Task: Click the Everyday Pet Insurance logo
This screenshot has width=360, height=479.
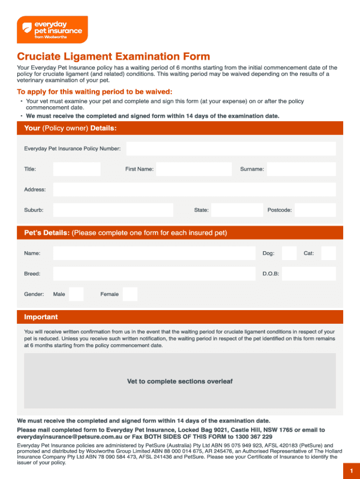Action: [x=52, y=29]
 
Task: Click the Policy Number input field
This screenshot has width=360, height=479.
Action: [x=231, y=149]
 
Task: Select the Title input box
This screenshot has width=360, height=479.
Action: [x=77, y=169]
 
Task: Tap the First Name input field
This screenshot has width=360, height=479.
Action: [x=194, y=169]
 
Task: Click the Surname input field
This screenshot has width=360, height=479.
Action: [x=301, y=169]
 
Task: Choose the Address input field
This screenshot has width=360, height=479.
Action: [x=194, y=190]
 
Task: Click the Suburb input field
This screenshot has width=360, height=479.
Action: [x=113, y=210]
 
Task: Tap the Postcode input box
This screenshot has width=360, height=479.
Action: [x=315, y=210]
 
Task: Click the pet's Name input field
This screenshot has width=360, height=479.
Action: [x=154, y=253]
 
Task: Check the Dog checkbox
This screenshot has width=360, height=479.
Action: [x=289, y=253]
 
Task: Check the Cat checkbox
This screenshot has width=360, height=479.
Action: [x=328, y=253]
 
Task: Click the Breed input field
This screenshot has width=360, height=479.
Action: [x=154, y=274]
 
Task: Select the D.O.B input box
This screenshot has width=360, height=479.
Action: [x=309, y=274]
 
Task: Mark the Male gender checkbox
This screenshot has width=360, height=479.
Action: [x=76, y=294]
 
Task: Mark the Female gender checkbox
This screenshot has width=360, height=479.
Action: [x=130, y=294]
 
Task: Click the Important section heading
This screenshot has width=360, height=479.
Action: [x=41, y=317]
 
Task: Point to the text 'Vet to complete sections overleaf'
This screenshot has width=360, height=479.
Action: [x=180, y=381]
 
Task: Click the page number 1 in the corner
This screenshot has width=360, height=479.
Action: [x=351, y=471]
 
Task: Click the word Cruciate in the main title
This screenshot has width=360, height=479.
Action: [x=39, y=57]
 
